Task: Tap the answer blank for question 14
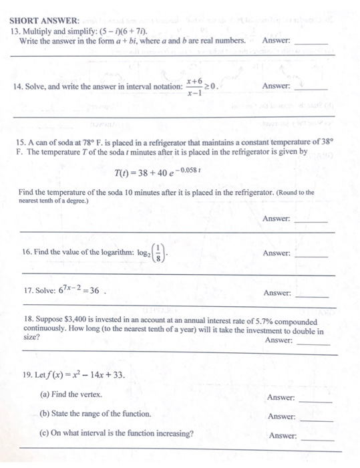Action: click(x=311, y=90)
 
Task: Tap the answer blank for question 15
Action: click(x=311, y=222)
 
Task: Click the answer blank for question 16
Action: click(x=311, y=256)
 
